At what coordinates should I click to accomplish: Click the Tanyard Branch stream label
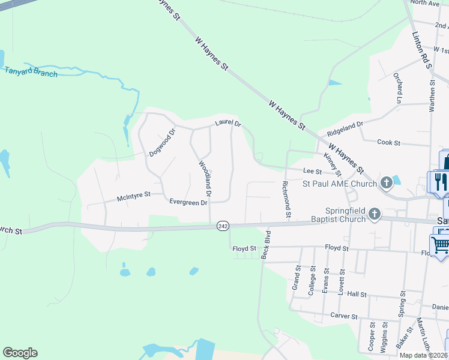31,72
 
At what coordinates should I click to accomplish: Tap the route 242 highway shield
223,226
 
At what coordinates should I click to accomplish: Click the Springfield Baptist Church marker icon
375,214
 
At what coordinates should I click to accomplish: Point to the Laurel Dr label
228,124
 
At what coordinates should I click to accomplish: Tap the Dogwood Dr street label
162,143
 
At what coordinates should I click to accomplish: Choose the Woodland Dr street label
204,178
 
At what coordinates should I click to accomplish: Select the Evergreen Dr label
188,202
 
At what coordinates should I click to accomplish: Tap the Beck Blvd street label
266,244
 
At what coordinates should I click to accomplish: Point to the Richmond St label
286,199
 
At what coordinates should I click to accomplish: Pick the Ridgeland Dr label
345,128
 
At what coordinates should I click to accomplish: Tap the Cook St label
388,142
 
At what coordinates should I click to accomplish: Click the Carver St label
343,316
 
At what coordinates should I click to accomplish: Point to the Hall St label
357,295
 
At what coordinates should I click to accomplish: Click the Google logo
20,353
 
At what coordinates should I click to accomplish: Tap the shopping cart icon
440,244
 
